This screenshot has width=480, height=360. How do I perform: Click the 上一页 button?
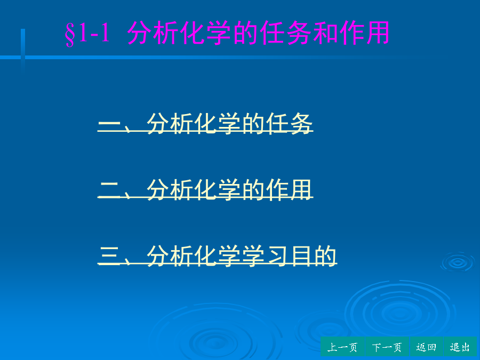point(342,347)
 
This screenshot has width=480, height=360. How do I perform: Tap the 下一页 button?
point(387,347)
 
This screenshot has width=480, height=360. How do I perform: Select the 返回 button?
point(427,347)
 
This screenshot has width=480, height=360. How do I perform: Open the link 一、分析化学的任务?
point(205,123)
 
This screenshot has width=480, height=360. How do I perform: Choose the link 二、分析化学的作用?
point(205,189)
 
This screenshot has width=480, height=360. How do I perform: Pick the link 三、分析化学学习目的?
point(218,255)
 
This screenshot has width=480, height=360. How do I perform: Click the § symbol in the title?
point(70,34)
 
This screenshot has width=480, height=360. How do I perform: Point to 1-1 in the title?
point(94,33)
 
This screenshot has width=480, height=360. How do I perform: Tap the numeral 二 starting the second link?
point(109,190)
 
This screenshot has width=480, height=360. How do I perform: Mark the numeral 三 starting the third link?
point(109,255)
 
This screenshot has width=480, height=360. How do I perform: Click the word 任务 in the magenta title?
point(286,33)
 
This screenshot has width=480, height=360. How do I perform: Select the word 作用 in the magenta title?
point(364,33)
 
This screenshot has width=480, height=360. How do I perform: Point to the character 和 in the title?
point(325,33)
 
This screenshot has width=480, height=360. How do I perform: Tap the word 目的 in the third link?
point(313,255)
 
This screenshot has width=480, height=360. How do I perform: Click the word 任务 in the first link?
point(289,123)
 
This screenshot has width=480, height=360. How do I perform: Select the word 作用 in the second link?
point(289,189)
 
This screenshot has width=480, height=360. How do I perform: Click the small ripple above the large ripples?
point(458,262)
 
